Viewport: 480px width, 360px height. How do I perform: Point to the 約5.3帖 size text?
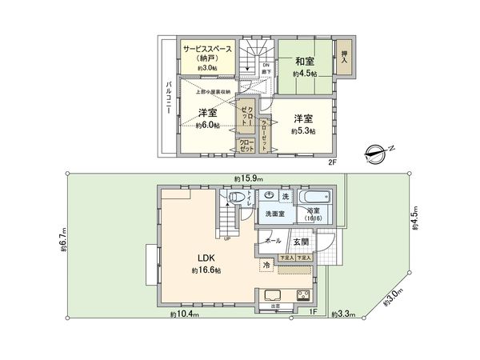[x=303, y=130]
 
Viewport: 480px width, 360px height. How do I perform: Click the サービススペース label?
[x=207, y=50]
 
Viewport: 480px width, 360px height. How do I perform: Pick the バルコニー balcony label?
[x=169, y=98]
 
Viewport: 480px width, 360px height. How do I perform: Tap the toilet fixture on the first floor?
[x=236, y=198]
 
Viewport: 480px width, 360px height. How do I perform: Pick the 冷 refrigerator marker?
[x=266, y=264]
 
